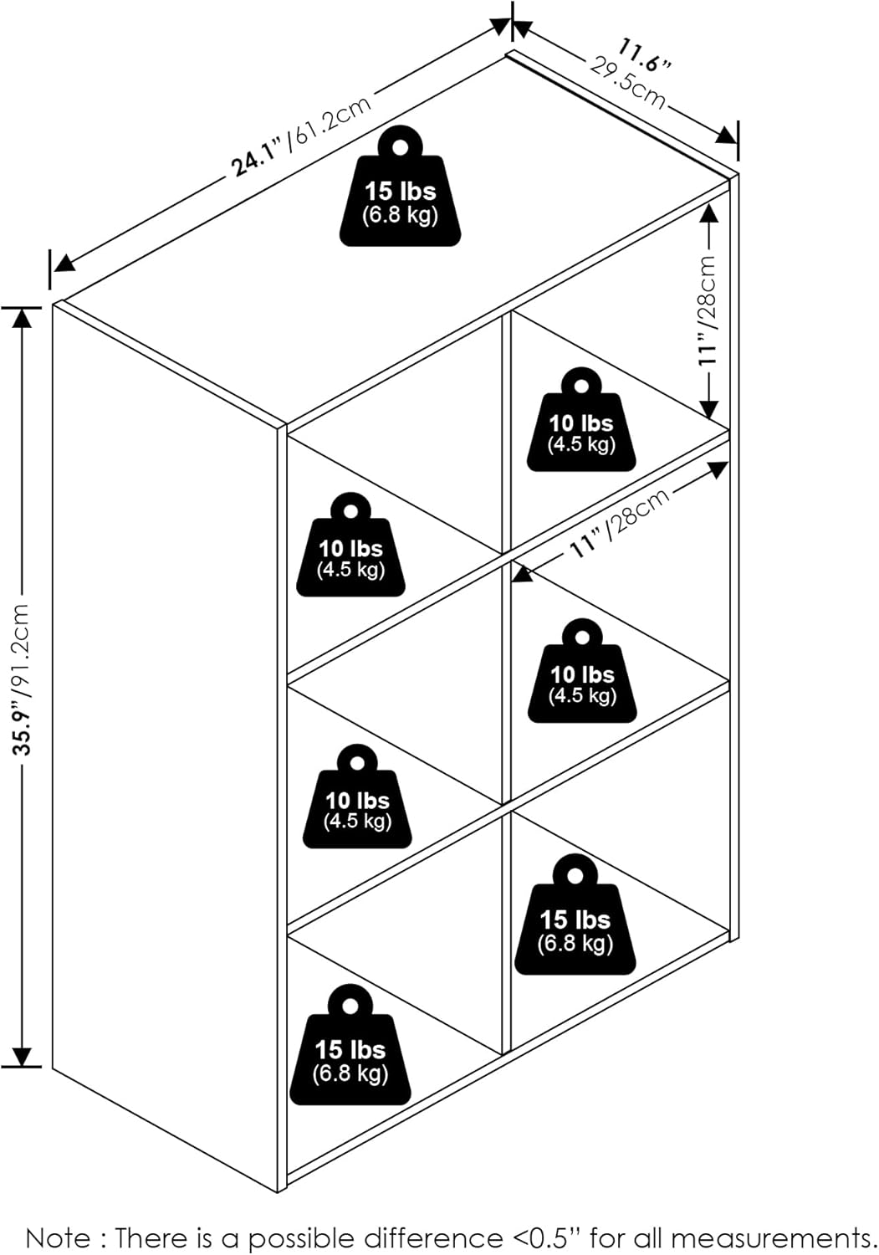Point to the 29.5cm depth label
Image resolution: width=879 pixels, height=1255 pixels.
[x=628, y=82]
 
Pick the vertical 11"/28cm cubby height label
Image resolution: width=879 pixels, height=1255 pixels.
[x=708, y=310]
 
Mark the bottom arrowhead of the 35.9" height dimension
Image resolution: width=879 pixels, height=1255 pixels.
[x=23, y=1056]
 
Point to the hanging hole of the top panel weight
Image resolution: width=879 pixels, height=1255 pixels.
[x=400, y=146]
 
